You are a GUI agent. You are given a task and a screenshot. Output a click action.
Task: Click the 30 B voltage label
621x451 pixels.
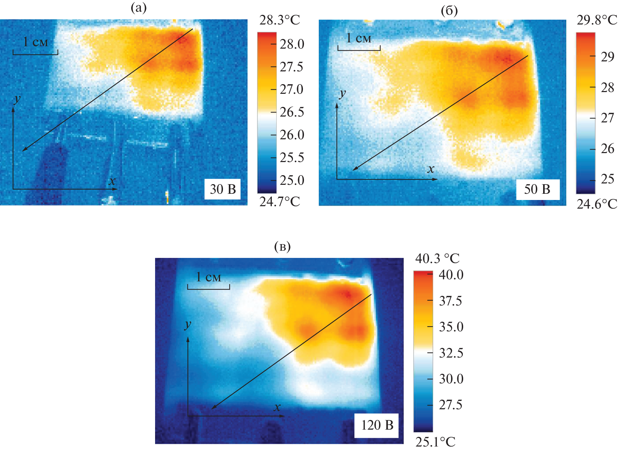[223, 189]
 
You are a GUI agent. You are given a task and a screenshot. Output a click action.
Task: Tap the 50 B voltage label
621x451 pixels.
[537, 189]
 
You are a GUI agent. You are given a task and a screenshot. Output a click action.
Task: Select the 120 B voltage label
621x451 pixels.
[377, 425]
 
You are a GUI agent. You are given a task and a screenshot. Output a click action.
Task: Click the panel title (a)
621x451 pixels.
[139, 8]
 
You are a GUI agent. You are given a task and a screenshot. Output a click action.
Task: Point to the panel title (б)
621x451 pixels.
[449, 11]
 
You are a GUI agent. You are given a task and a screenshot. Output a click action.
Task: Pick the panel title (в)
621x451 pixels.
[282, 247]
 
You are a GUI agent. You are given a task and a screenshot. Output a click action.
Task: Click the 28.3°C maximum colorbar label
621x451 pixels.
[279, 20]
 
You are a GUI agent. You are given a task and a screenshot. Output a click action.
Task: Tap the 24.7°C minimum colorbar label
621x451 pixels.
[279, 202]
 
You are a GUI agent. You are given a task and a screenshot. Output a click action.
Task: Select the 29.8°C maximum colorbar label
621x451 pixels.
[597, 20]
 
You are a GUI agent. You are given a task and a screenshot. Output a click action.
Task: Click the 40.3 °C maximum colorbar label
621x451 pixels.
[437, 258]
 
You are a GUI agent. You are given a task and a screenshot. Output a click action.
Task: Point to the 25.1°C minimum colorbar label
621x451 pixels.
[435, 442]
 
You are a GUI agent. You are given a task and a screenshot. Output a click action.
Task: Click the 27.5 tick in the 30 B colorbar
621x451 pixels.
[291, 67]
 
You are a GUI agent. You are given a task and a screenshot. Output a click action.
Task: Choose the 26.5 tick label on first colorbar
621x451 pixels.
[292, 112]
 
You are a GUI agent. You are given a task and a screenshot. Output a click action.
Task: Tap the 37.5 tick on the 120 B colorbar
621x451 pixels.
[450, 301]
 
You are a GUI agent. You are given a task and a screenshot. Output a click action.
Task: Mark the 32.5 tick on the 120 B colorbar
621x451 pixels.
[451, 353]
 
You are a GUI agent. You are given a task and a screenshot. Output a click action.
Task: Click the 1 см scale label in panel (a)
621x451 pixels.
[35, 42]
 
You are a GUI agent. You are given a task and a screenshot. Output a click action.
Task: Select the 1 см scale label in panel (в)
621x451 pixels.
[208, 277]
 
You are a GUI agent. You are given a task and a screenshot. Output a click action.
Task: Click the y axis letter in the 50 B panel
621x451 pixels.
[342, 93]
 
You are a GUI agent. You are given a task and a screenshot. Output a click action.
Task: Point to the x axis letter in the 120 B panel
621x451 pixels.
[277, 407]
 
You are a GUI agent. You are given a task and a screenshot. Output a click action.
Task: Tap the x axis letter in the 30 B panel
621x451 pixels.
[112, 181]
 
